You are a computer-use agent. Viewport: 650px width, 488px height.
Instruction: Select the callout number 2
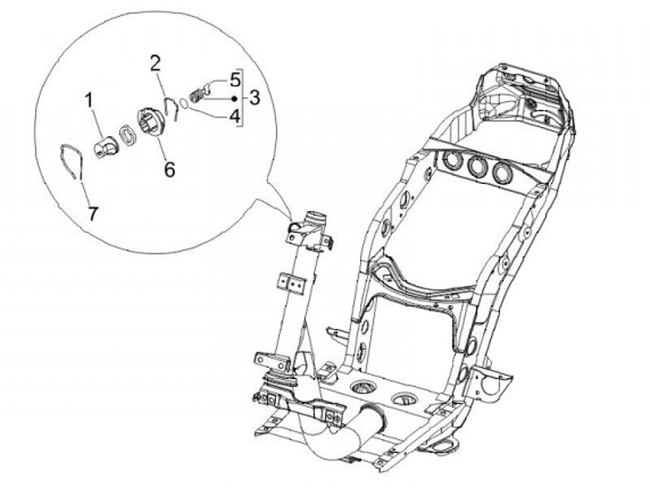(x=155, y=62)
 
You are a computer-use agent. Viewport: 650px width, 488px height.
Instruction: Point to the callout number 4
(x=233, y=115)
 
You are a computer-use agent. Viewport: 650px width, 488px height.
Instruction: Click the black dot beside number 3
(x=237, y=96)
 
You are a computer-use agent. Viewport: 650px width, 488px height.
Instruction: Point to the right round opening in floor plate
(x=402, y=397)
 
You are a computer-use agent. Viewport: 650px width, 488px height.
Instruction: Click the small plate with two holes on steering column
(x=291, y=285)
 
